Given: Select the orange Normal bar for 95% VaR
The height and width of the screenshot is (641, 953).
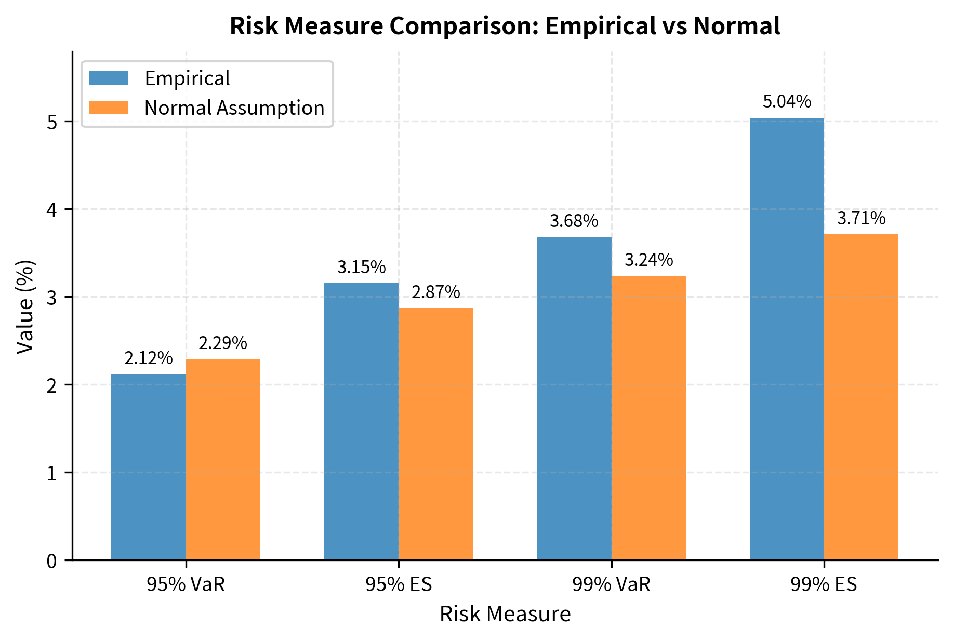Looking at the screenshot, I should [x=223, y=459].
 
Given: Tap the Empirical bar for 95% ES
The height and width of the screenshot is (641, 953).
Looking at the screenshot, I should [x=361, y=421].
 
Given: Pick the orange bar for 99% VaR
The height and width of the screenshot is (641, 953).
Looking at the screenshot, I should [x=648, y=418].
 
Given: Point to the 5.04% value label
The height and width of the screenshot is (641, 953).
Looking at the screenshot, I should [x=787, y=102].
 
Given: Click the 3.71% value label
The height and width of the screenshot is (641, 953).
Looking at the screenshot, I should [x=861, y=219].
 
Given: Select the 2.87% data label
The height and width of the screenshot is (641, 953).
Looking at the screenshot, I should [x=435, y=292].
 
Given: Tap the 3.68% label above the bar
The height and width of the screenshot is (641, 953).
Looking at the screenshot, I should [x=574, y=222].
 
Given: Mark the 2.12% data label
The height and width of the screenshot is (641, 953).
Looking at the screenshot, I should [x=149, y=358].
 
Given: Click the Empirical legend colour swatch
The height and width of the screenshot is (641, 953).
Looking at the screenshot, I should [x=109, y=78].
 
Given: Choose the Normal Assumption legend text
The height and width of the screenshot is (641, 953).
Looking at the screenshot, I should [x=234, y=108].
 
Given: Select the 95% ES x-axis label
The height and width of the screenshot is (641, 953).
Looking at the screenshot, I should [x=399, y=585].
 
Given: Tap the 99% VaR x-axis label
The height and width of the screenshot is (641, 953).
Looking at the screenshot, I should [x=611, y=585].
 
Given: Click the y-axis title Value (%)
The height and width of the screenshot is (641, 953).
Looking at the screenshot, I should [x=25, y=306].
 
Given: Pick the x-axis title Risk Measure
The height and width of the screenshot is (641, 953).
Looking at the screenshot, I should [x=505, y=614].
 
